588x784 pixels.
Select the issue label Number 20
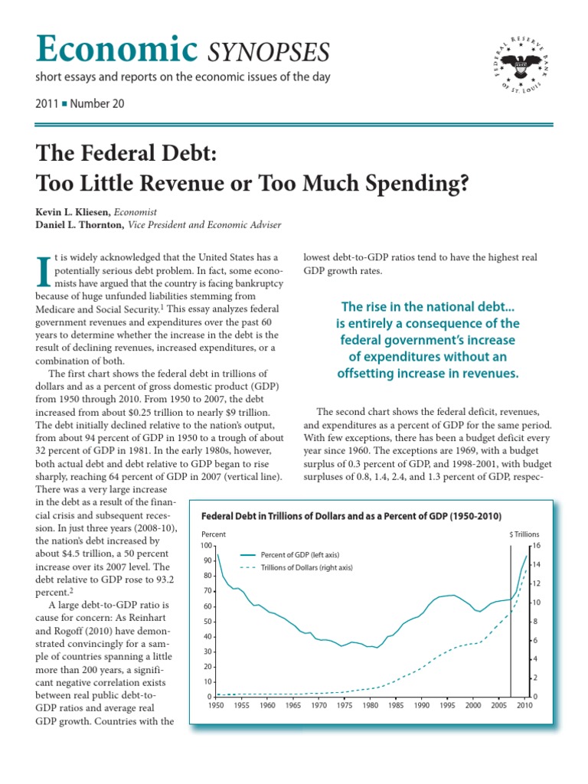(x=96, y=103)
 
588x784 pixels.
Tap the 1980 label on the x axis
(x=371, y=705)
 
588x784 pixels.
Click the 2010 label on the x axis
(x=524, y=705)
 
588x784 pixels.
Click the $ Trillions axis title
(x=525, y=534)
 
